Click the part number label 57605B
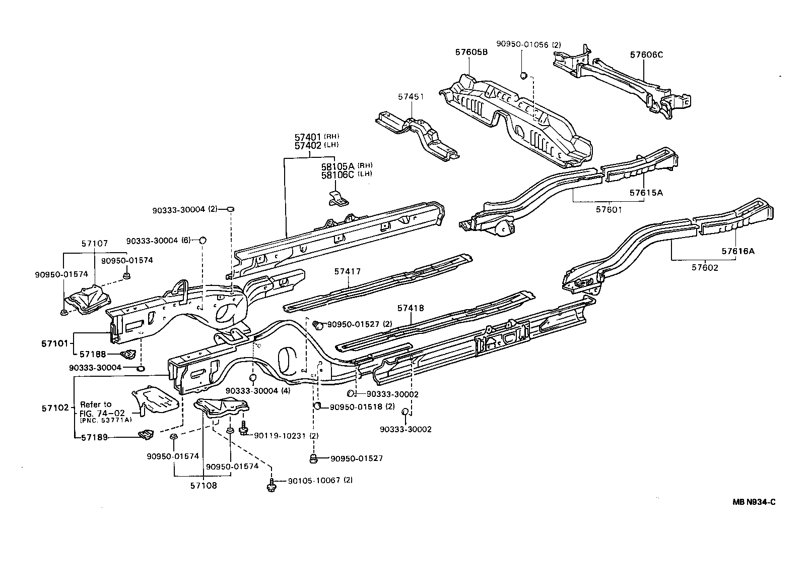(x=471, y=52)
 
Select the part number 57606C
(x=646, y=55)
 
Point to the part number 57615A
(x=646, y=193)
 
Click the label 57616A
(x=737, y=251)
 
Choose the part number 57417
(x=347, y=271)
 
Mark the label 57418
(x=411, y=308)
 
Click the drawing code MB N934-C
(x=754, y=502)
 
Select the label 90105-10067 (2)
(x=320, y=480)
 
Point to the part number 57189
(x=94, y=438)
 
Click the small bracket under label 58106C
(x=337, y=199)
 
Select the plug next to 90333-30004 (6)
(x=203, y=240)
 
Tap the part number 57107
(x=94, y=243)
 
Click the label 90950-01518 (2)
(x=362, y=406)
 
